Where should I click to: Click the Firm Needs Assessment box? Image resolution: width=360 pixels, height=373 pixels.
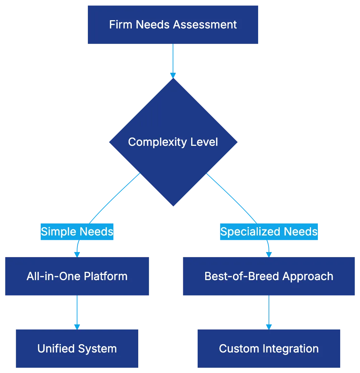click(173, 24)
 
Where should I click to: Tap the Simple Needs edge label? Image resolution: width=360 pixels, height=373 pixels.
click(77, 231)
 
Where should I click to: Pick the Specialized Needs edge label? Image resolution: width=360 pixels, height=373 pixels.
click(269, 231)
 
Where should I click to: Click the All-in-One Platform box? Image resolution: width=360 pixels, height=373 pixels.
click(77, 276)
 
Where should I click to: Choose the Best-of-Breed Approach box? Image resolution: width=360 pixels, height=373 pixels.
click(269, 276)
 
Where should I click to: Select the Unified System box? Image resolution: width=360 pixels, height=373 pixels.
click(77, 349)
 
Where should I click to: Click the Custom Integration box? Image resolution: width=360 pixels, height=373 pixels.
click(269, 349)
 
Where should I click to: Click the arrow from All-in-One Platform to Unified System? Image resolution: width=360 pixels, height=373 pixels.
click(77, 311)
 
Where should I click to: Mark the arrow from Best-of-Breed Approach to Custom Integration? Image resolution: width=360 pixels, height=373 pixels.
click(269, 311)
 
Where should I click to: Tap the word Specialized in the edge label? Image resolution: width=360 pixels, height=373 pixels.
click(250, 231)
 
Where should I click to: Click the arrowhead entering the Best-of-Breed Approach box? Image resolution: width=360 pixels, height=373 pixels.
click(269, 253)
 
